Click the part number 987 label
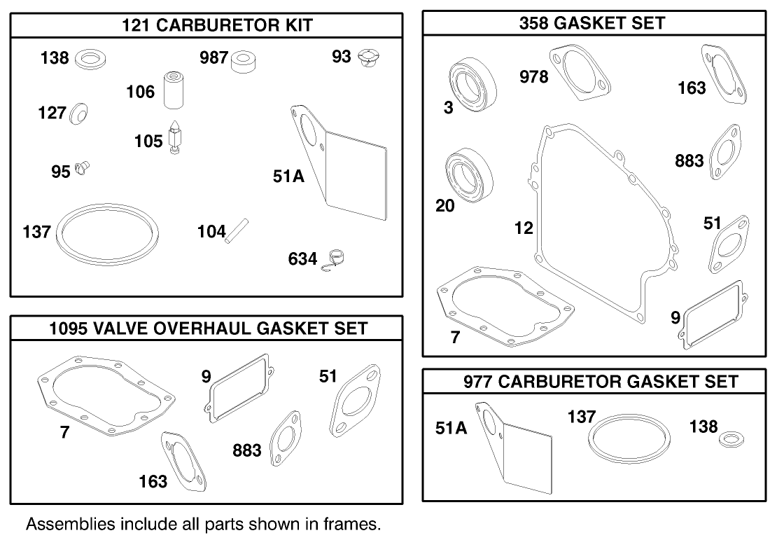coord(214,57)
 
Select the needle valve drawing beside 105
coord(175,135)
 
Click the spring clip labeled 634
coord(337,259)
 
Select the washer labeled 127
coord(79,112)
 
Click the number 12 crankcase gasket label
coord(523,228)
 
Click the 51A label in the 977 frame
coord(451,428)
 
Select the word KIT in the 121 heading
coord(295,26)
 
